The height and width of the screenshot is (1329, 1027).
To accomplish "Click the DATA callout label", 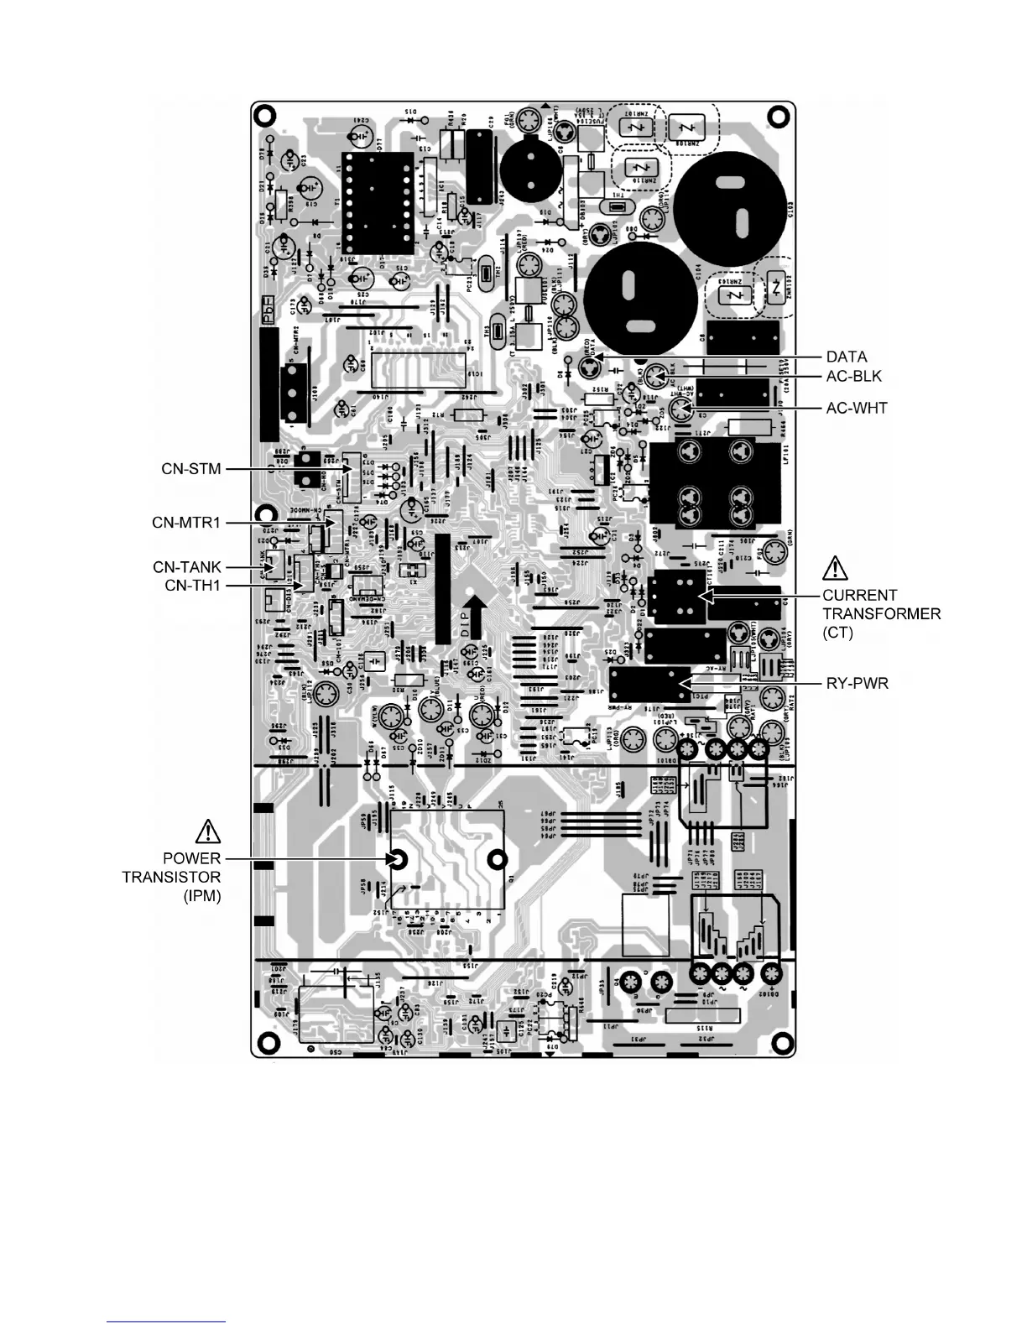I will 847,357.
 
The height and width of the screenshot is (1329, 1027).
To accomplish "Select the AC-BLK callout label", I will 854,376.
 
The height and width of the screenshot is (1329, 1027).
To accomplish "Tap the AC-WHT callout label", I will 856,409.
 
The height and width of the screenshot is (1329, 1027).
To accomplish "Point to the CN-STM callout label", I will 191,468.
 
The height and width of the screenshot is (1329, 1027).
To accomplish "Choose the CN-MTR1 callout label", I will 186,523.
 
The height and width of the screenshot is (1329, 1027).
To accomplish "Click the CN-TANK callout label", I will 187,567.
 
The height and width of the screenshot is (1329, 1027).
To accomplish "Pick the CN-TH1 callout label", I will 192,585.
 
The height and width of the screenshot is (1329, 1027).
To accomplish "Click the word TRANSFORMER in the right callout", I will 881,613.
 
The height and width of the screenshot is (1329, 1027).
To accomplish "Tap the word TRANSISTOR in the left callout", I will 171,877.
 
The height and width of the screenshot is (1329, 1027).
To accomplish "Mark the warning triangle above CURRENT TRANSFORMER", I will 835,568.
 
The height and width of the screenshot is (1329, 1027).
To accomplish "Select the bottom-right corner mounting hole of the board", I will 783,1044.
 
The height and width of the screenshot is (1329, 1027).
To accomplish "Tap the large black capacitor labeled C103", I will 728,208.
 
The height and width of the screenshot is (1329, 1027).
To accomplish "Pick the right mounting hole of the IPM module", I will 498,859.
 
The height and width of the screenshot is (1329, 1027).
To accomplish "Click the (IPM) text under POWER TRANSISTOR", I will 202,896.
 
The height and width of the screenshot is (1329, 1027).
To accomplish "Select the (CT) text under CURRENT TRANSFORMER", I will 837,632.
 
